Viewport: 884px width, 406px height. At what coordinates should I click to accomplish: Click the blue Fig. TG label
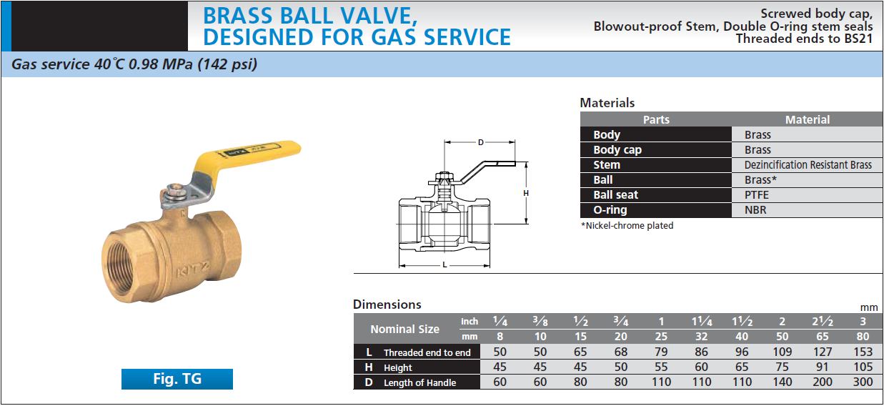[x=177, y=379]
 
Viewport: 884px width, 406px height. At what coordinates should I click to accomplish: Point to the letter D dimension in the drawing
[x=480, y=143]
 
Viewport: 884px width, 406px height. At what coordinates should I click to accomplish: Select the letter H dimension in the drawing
[x=526, y=193]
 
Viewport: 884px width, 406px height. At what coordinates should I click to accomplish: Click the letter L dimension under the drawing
[x=445, y=264]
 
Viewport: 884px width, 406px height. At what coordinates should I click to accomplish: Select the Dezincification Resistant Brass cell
[x=808, y=165]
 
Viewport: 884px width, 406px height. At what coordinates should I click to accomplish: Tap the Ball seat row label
[x=615, y=195]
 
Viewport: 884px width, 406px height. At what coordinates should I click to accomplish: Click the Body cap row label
[x=617, y=150]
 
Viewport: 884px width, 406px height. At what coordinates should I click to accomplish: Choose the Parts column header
[x=656, y=120]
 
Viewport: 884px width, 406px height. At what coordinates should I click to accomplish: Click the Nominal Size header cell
[x=404, y=330]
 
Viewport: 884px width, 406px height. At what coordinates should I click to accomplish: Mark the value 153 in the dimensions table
[x=863, y=352]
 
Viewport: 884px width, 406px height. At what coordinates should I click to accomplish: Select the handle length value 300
[x=863, y=382]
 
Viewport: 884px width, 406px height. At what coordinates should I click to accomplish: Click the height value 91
[x=823, y=367]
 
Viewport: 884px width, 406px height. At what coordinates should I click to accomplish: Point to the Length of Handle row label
[x=419, y=382]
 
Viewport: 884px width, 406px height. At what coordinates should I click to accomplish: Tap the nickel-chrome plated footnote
[x=627, y=226]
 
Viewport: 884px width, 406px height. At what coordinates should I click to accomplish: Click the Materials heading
[x=607, y=103]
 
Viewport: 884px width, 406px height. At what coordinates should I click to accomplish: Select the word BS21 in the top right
[x=858, y=39]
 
